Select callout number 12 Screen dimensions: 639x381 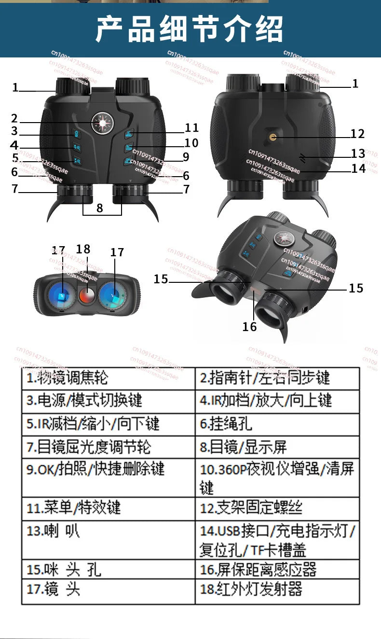(x=357, y=134)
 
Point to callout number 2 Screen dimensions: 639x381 (x=14, y=119)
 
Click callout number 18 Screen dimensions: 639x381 (x=83, y=249)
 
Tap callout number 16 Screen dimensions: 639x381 (x=249, y=327)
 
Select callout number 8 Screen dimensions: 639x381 (x=100, y=208)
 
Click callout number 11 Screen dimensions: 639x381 (x=191, y=128)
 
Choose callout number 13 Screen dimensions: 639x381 (x=358, y=153)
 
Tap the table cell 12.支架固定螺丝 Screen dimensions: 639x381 (x=277, y=508)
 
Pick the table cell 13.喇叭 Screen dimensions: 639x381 (x=108, y=540)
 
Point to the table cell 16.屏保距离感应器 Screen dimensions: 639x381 (x=277, y=570)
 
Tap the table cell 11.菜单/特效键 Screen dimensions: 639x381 (x=108, y=508)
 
